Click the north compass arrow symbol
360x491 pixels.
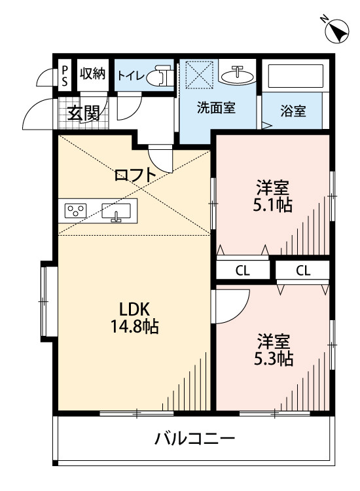(337, 31)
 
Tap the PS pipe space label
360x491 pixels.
(65, 75)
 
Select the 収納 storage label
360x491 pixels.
(93, 73)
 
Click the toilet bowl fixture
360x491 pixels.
(160, 75)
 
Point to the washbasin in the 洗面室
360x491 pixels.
(237, 75)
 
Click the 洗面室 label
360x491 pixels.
(216, 108)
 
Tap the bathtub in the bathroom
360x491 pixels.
(295, 76)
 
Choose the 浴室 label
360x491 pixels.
(293, 111)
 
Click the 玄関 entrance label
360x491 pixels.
(84, 113)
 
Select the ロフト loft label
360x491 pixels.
(135, 175)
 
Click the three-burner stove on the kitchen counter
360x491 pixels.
(75, 210)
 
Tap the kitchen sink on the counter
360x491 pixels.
(116, 211)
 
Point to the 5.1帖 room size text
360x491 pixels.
(273, 206)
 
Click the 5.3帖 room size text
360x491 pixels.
(273, 359)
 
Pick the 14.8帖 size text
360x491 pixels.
(134, 327)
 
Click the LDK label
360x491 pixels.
(135, 310)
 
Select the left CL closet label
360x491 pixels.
(243, 271)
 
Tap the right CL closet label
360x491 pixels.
(303, 270)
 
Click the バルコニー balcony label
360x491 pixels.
(194, 439)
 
